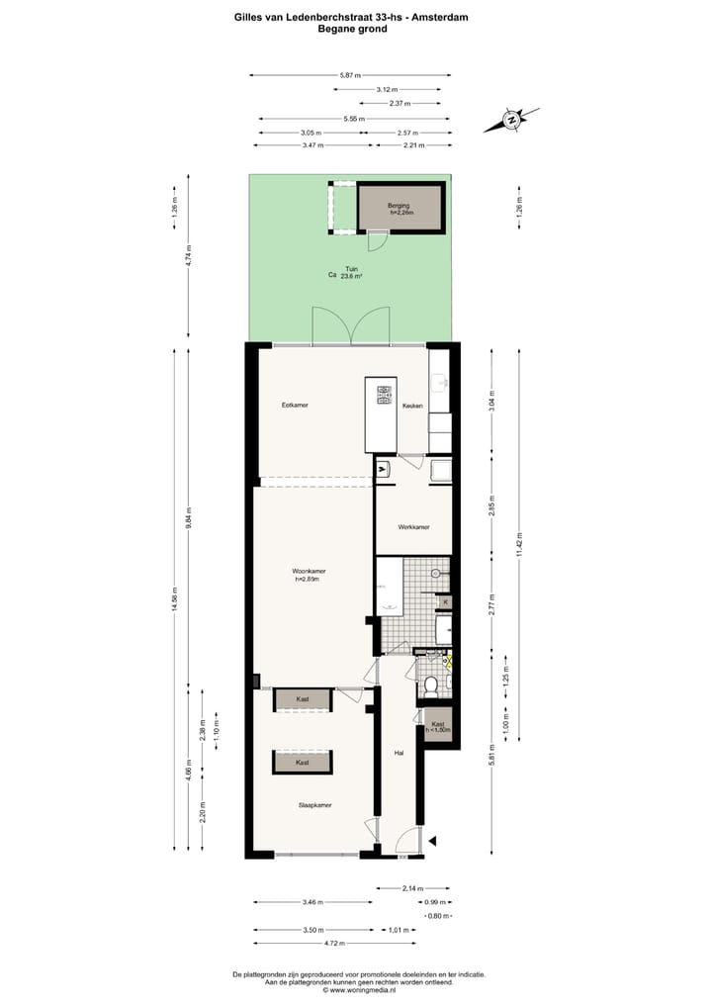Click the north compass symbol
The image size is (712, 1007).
[512, 120]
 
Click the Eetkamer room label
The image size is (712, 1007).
[295, 405]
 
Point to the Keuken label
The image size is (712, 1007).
[413, 406]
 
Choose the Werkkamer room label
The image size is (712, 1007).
[413, 526]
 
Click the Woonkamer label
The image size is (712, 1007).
[309, 572]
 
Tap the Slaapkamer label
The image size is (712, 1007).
[314, 805]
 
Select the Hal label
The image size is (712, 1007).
[400, 753]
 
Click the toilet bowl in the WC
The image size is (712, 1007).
[431, 683]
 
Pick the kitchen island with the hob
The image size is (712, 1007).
[381, 413]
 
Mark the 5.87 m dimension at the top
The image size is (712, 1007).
[350, 75]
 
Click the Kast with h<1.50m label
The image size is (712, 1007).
[438, 726]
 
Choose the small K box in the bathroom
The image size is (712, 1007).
[445, 601]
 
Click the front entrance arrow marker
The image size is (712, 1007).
[432, 842]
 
